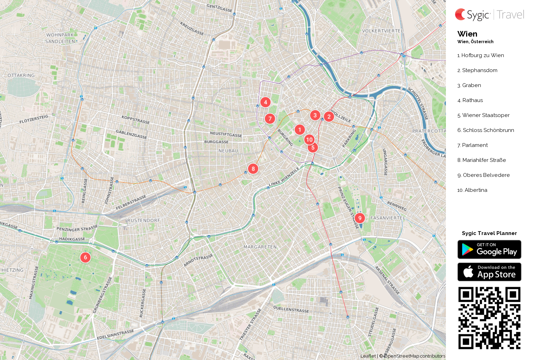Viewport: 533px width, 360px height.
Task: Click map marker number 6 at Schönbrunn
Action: coord(85,257)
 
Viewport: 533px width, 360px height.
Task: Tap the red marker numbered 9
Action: coord(360,218)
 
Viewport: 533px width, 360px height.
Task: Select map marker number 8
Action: coord(253,169)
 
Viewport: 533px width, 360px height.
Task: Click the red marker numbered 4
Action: coord(265,102)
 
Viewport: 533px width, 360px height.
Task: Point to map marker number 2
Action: coord(329,117)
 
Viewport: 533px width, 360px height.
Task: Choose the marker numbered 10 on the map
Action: coord(309,140)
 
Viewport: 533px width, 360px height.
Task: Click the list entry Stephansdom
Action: coord(479,70)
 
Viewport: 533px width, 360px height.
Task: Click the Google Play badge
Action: coord(489,250)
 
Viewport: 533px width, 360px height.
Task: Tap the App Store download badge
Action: coord(489,272)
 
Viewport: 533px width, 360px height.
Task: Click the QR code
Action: coord(489,318)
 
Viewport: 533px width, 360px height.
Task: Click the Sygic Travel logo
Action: coord(489,15)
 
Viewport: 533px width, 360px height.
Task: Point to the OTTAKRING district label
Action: coord(21,75)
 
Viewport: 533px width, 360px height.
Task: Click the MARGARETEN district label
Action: coord(260,247)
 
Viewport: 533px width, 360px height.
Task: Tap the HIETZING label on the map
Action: coord(13,270)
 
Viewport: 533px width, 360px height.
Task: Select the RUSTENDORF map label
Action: coord(144,220)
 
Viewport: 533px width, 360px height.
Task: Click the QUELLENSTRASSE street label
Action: coord(291,309)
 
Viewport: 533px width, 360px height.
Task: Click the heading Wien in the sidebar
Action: coord(467,34)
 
